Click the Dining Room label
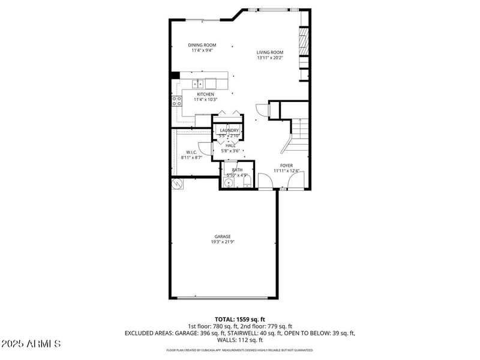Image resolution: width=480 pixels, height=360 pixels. (x=202, y=45)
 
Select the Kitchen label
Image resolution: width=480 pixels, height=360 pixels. (x=206, y=94)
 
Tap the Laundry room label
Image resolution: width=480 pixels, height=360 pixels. (x=229, y=130)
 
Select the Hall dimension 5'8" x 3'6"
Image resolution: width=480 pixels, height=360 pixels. (x=230, y=151)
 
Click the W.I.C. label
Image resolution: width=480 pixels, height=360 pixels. (x=191, y=152)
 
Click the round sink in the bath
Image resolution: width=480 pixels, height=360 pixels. (x=229, y=182)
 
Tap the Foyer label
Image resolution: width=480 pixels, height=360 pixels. (x=287, y=165)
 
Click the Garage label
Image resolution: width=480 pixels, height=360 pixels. (x=223, y=236)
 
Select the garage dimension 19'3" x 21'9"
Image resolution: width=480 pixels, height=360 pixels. (x=223, y=242)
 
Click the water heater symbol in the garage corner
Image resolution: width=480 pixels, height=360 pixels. (x=177, y=184)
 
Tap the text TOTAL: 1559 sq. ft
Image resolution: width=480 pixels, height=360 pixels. (x=240, y=319)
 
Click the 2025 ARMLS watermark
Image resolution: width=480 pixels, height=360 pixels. (x=31, y=344)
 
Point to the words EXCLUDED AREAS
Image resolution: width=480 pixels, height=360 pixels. (x=146, y=332)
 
